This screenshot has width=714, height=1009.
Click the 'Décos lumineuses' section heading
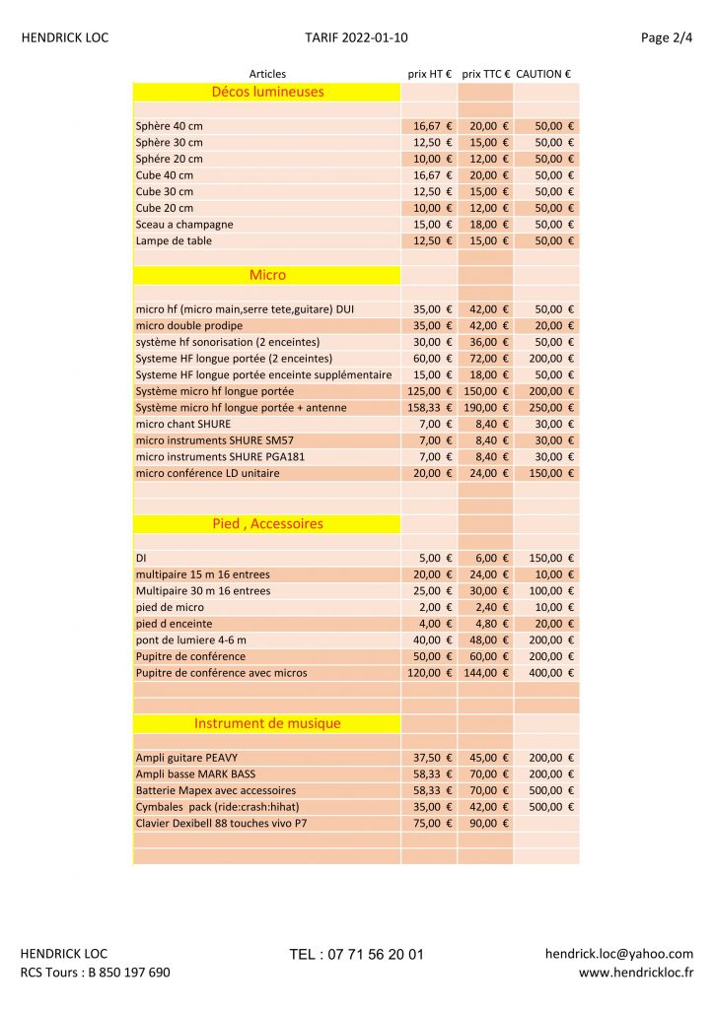click(267, 92)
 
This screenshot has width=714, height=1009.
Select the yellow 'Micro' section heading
click(267, 275)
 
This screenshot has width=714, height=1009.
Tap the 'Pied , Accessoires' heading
click(267, 524)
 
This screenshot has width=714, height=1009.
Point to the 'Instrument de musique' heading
click(267, 723)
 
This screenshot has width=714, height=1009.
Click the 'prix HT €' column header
click(430, 73)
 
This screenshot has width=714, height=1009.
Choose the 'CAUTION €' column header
click(543, 73)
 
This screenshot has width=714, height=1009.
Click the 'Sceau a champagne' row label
click(184, 225)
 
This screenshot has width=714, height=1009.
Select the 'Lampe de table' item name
click(174, 240)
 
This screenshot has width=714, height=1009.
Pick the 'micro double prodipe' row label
click(189, 325)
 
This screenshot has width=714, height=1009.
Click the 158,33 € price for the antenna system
click(429, 408)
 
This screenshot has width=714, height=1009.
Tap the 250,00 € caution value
click(554, 408)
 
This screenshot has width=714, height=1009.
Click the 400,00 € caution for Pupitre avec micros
click(554, 673)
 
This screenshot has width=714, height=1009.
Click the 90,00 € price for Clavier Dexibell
click(488, 823)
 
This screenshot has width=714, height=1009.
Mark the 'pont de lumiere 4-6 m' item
click(191, 640)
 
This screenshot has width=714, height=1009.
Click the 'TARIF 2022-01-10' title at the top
click(356, 38)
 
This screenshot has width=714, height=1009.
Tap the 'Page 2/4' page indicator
click(667, 38)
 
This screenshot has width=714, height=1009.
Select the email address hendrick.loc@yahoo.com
click(618, 954)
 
